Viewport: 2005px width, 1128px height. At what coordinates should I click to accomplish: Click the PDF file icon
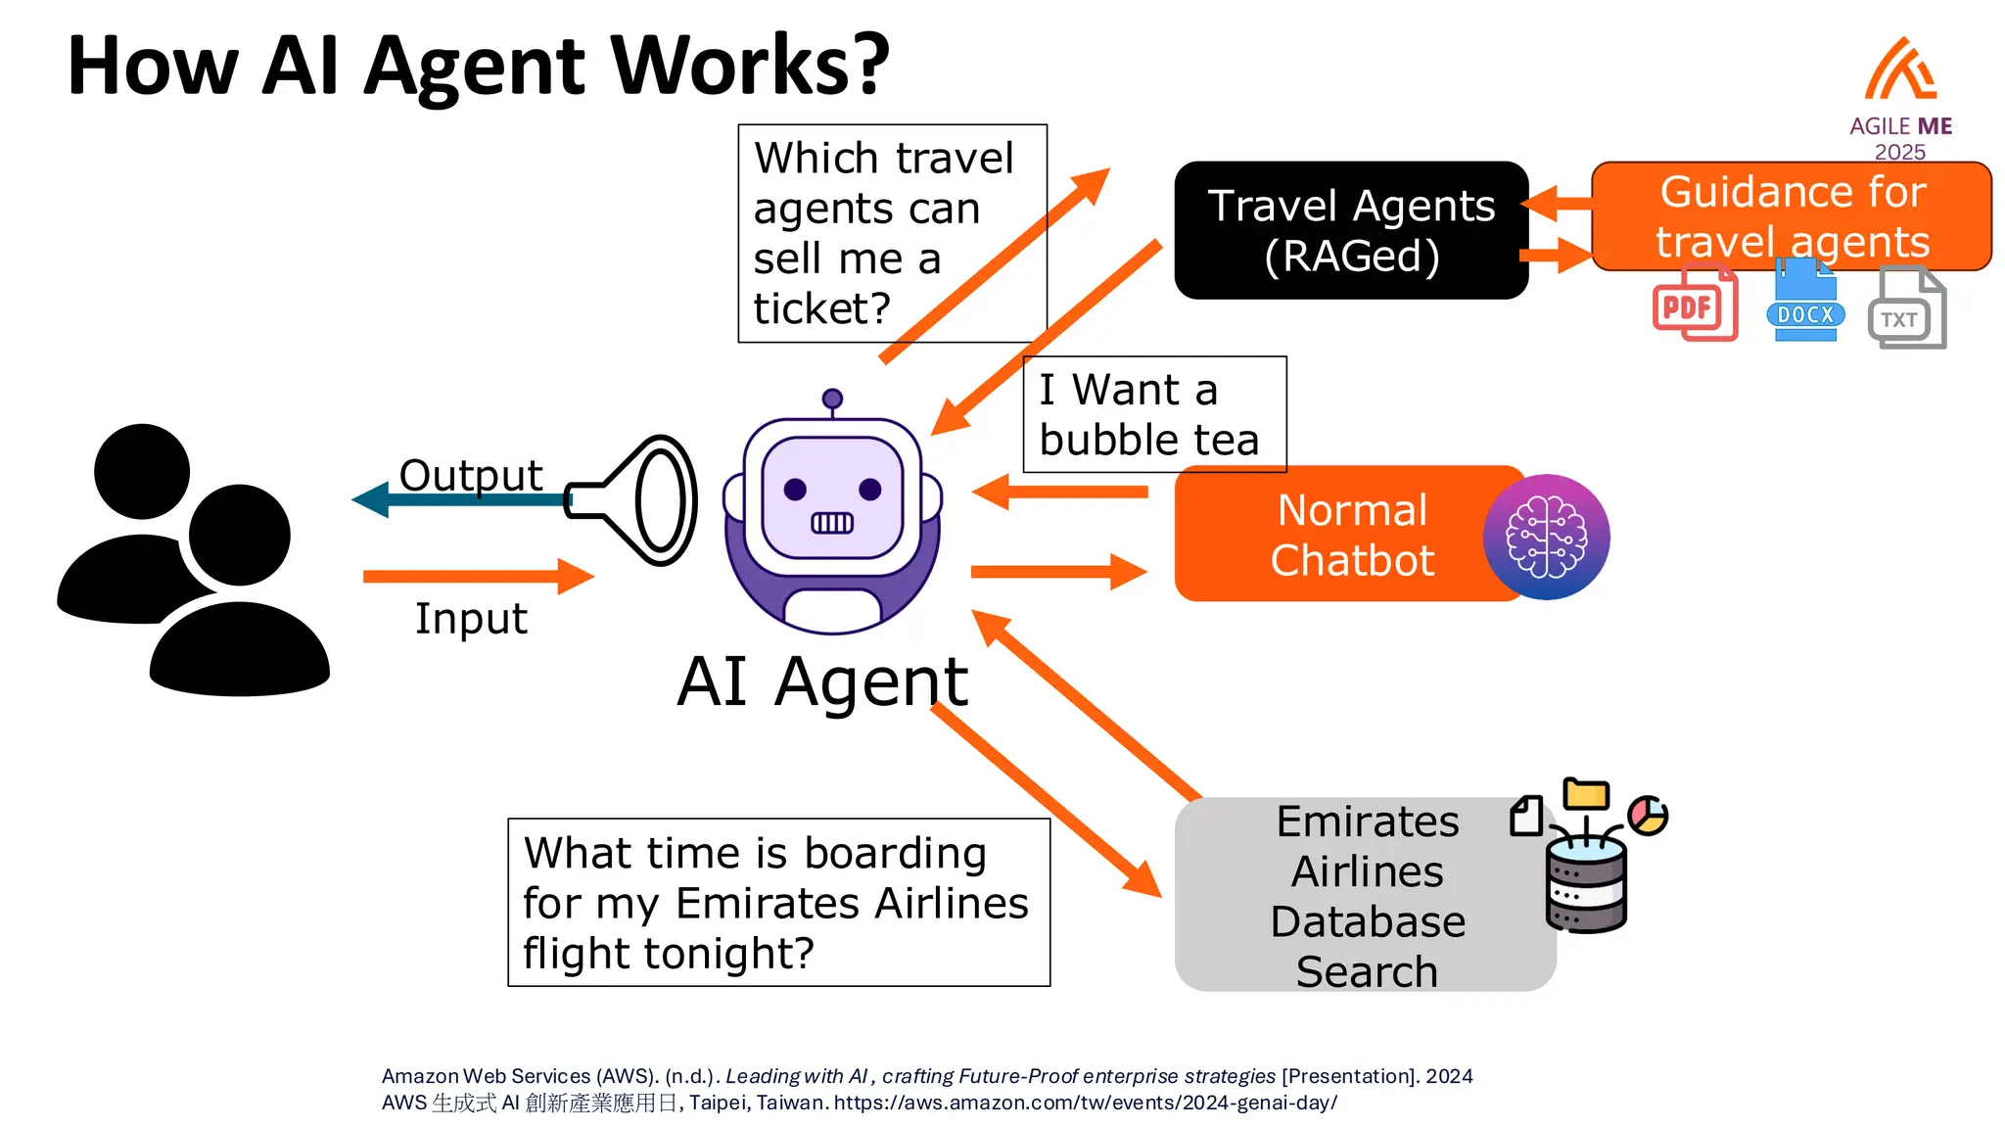[1694, 305]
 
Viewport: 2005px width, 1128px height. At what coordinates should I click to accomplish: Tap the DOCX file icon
[1805, 304]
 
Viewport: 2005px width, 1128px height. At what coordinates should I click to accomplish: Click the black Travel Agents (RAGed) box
[1351, 230]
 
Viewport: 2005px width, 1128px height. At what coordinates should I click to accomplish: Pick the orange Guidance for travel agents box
[1792, 215]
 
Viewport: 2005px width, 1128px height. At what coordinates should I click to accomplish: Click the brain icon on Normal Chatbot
[1546, 537]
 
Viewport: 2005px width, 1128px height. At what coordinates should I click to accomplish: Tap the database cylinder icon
[1586, 884]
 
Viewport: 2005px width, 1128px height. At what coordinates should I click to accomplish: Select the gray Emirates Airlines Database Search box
[1366, 894]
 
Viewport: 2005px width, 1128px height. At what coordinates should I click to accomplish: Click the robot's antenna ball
[832, 399]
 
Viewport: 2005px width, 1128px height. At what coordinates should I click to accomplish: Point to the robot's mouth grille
[832, 523]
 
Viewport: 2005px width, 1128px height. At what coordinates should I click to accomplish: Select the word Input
[471, 618]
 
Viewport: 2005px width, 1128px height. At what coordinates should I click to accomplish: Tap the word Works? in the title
[751, 66]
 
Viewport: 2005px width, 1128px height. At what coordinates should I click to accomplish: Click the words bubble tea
[1148, 440]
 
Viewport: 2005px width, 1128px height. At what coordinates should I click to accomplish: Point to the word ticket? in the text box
[821, 308]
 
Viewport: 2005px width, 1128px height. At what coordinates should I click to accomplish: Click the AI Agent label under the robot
[822, 681]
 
